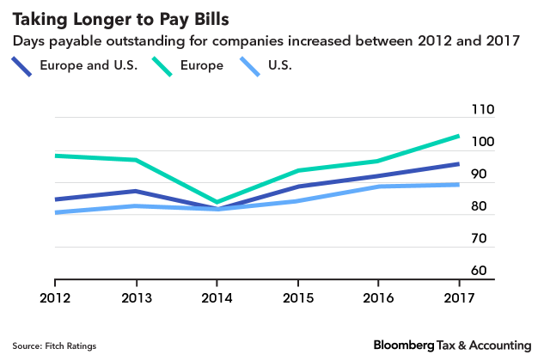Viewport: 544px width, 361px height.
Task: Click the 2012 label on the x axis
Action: point(55,297)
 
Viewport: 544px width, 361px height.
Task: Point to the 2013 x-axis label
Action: point(136,297)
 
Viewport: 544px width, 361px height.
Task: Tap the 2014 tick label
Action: point(217,297)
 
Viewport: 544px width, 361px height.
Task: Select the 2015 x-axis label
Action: point(297,297)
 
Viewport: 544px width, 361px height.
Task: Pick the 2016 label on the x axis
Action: point(378,297)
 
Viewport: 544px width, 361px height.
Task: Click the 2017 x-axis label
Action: point(459,297)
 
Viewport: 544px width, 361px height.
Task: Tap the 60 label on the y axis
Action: point(478,270)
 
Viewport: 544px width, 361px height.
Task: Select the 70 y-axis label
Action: point(478,238)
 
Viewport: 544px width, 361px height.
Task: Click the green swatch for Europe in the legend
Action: point(161,66)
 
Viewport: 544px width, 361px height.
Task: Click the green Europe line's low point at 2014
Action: point(217,203)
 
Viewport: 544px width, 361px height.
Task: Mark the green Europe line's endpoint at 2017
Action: point(459,136)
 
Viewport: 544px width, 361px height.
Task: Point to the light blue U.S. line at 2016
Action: point(378,187)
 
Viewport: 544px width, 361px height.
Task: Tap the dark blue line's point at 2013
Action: point(136,191)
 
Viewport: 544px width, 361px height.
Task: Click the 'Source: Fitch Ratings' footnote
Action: point(54,346)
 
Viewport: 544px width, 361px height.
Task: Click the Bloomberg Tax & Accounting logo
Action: point(453,344)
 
